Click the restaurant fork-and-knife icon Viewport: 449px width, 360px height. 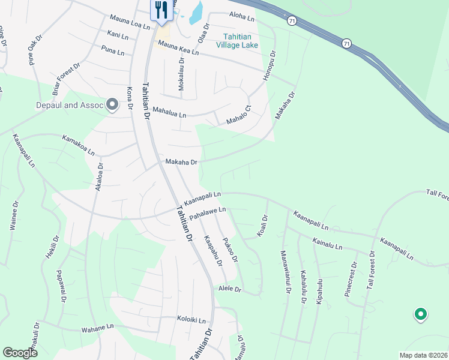click(160, 10)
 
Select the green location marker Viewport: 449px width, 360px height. click(420, 314)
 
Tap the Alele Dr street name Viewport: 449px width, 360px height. click(229, 289)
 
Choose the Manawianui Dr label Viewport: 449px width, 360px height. click(285, 272)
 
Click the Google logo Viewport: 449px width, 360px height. click(20, 353)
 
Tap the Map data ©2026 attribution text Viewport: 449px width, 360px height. click(423, 355)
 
